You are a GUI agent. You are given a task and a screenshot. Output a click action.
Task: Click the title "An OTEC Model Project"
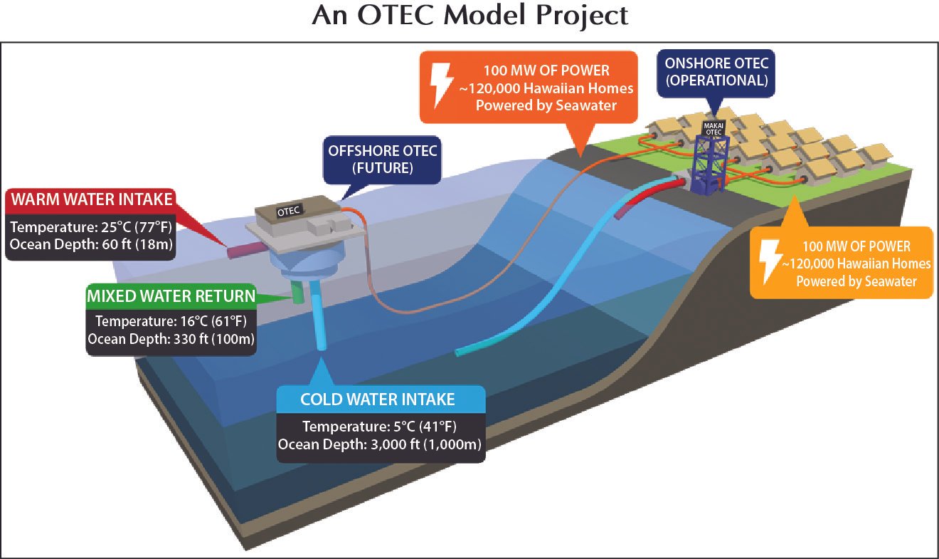point(469,16)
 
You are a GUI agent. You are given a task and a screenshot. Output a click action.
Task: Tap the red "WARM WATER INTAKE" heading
point(92,199)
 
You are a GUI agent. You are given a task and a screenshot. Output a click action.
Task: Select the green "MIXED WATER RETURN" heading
point(171,296)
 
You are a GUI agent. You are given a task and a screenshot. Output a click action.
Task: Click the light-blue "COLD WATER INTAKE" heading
point(378,399)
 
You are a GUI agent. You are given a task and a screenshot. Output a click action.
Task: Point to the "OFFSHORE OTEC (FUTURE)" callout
point(382,160)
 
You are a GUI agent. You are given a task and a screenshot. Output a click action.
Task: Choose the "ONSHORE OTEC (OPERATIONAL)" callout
point(716,72)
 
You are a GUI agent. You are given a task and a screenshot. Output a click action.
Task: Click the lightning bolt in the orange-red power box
point(442,85)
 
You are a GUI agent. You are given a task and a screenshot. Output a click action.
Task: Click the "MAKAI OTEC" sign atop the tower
point(713,129)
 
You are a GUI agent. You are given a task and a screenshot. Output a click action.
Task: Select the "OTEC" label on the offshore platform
point(289,211)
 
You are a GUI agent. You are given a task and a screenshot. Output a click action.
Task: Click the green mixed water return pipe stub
point(297,292)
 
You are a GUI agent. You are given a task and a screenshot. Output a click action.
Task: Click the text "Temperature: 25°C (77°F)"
point(91,227)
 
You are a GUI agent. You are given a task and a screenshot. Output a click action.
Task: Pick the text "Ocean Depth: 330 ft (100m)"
point(171,339)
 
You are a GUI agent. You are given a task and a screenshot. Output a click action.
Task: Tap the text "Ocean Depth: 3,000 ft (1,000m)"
point(380,444)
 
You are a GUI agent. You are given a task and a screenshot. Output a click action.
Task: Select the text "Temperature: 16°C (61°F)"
point(171,321)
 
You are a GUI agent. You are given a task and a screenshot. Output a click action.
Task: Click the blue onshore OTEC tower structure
point(709,164)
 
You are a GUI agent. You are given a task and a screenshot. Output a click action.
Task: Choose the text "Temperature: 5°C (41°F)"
point(380,427)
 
